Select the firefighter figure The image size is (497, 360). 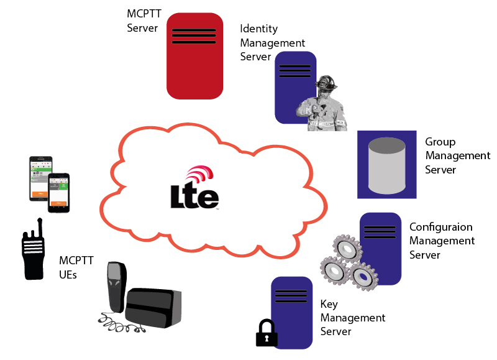click(321, 106)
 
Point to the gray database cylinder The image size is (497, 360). click(386, 165)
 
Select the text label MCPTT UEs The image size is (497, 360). click(72, 267)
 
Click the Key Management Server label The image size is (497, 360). click(352, 318)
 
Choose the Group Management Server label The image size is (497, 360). click(457, 155)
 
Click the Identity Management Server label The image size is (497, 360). click(272, 43)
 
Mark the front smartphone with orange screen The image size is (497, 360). click(59, 193)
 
